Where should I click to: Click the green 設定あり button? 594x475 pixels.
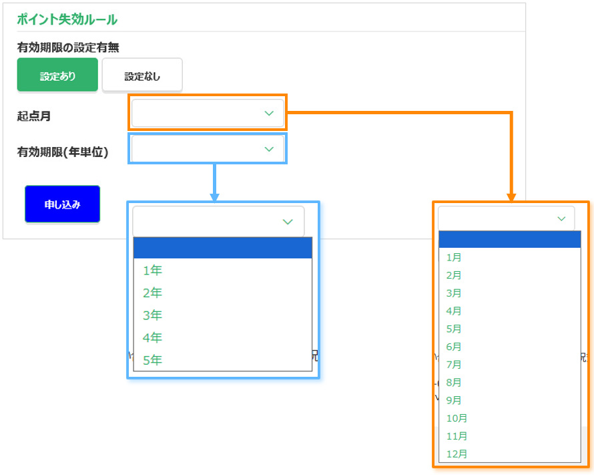coord(57,75)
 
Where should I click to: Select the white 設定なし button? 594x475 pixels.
coord(142,75)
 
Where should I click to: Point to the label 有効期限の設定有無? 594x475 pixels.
coord(68,47)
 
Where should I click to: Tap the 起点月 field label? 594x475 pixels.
coord(34,116)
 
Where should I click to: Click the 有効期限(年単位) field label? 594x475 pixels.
coord(63,152)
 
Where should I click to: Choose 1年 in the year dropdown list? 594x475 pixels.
coord(152,271)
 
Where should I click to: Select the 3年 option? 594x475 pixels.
coord(152,315)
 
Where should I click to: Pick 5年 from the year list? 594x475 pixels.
coord(152,360)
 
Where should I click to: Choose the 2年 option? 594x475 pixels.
coord(152,293)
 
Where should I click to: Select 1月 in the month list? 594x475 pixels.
coord(454,257)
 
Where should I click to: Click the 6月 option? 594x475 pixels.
coord(454,347)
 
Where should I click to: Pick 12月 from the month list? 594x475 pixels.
coord(457,454)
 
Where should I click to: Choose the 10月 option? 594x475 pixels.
coord(457,418)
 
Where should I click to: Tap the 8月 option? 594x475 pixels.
coord(454,383)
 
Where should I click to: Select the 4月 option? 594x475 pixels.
coord(454,311)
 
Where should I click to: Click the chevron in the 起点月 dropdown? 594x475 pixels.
coord(269,114)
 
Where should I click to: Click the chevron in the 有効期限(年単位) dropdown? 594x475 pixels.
coord(269,149)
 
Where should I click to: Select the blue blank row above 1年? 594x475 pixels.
coord(222,248)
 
